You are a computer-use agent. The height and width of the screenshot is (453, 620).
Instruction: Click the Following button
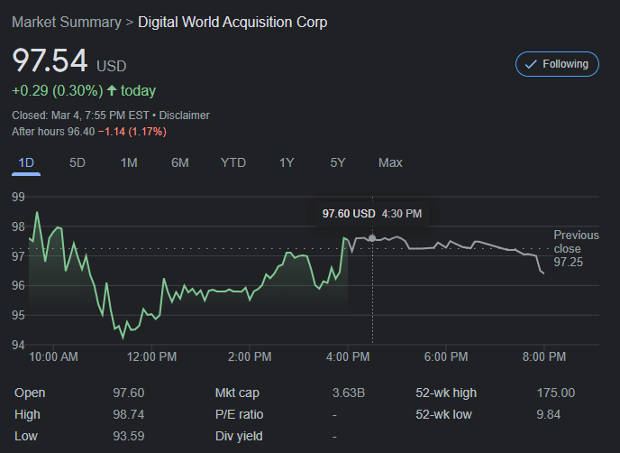557,64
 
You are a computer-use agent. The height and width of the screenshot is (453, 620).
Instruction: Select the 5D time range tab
77,162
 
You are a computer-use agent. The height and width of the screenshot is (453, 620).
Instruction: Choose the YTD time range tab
233,162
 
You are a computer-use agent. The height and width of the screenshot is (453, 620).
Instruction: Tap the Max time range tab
390,162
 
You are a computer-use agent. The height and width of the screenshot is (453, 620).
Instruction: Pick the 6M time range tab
179,162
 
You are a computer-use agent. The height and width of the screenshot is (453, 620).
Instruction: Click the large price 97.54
50,61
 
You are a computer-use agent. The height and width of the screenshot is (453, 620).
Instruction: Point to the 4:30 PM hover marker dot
371,238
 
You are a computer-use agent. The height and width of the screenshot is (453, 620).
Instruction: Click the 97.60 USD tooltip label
349,214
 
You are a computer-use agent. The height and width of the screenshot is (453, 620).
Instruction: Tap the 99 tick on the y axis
18,196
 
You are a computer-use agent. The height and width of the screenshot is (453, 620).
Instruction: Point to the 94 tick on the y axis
18,345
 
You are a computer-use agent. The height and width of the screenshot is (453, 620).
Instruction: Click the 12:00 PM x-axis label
151,357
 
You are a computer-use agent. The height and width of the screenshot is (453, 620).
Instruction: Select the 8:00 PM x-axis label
544,357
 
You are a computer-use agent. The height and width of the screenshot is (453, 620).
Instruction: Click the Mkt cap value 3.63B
349,393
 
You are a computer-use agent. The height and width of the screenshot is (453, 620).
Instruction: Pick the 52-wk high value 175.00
555,393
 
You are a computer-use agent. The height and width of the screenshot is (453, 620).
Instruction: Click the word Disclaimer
185,116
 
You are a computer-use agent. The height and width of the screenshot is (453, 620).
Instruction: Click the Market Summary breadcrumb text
66,22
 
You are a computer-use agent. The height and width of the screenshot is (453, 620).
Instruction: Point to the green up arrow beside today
111,90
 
